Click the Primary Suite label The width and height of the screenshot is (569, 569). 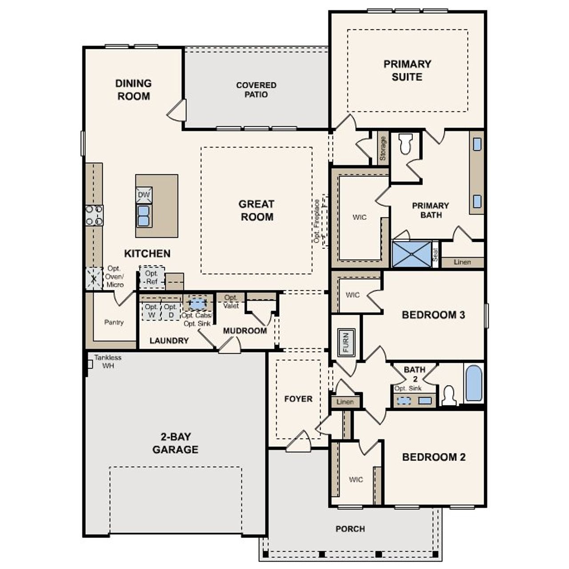[407, 70]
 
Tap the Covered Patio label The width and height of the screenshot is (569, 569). [256, 89]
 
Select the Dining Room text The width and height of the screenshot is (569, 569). [133, 89]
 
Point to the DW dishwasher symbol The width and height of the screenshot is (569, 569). [144, 195]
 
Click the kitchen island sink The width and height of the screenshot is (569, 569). [144, 216]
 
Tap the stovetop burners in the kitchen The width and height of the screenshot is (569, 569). [94, 215]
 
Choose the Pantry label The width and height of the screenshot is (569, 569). [114, 322]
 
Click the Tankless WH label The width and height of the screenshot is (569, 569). [107, 361]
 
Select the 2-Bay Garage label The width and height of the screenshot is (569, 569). [175, 443]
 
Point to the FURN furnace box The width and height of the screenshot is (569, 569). [345, 342]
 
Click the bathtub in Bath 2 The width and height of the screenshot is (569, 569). [474, 383]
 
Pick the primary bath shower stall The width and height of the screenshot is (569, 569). [412, 254]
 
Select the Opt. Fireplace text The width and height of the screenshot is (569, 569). [317, 221]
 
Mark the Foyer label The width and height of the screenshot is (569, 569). [298, 399]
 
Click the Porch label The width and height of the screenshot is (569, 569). [350, 529]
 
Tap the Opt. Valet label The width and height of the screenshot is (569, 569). [231, 301]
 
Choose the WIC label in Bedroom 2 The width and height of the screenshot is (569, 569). [356, 480]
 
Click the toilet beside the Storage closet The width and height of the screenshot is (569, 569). [405, 144]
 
